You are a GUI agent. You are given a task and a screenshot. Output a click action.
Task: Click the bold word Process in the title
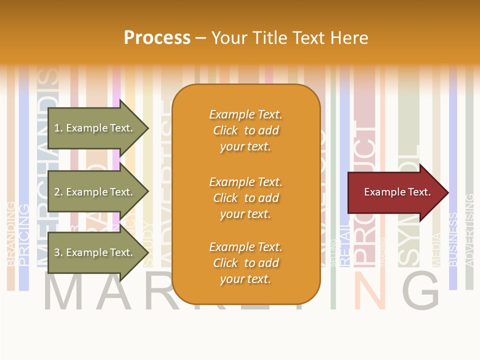point(157,38)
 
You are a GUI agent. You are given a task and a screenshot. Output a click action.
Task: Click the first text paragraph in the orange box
point(245,130)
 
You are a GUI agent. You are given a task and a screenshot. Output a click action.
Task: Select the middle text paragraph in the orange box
point(245,198)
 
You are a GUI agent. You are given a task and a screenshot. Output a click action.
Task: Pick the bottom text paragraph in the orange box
point(245,263)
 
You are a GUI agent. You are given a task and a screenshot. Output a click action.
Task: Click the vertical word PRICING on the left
point(23,235)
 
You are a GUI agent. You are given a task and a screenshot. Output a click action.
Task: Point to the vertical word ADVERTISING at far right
point(469,230)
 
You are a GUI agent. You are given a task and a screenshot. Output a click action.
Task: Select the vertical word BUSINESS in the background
point(453,239)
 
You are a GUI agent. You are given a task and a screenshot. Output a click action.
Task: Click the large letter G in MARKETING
point(421,291)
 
